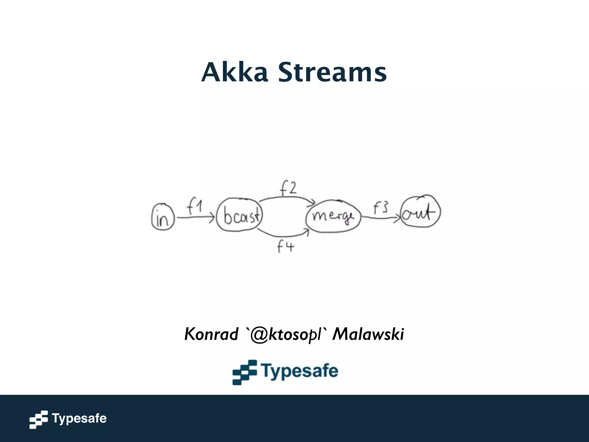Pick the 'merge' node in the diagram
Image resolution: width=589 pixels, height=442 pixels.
click(333, 216)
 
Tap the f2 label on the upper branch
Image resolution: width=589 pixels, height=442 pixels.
click(288, 188)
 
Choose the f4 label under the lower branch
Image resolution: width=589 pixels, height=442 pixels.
click(286, 247)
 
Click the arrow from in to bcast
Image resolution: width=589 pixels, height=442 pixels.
click(196, 218)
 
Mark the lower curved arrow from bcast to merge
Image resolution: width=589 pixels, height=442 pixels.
click(283, 235)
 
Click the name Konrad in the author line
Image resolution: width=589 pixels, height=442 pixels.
click(211, 334)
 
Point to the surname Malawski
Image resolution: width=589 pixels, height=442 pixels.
click(368, 334)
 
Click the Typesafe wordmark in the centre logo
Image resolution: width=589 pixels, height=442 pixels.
click(300, 371)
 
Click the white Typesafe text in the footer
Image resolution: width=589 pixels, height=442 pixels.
click(79, 418)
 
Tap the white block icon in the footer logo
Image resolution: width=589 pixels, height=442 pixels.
click(38, 420)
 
